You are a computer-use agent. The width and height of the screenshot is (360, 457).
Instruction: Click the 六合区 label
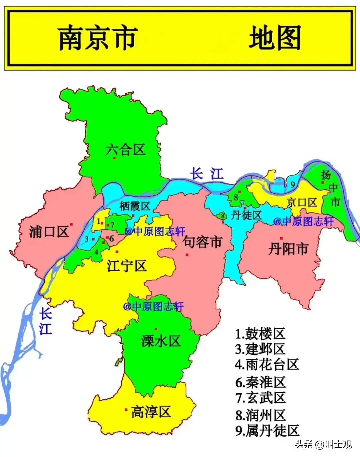pyautogui.click(x=126, y=150)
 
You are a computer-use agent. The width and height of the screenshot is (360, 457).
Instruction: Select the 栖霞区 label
pyautogui.click(x=135, y=207)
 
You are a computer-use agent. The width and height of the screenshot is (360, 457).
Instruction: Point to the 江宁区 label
pyautogui.click(x=127, y=266)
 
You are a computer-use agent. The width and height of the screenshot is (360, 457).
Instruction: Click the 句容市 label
pyautogui.click(x=202, y=242)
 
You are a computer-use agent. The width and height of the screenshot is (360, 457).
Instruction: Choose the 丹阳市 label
pyautogui.click(x=288, y=249)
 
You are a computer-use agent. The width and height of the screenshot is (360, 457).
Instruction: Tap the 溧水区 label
pyautogui.click(x=161, y=341)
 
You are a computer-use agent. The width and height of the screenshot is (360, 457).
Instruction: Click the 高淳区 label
pyautogui.click(x=151, y=412)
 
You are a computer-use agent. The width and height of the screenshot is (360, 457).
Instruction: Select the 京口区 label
pyautogui.click(x=302, y=202)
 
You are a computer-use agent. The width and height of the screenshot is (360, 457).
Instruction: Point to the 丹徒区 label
pyautogui.click(x=247, y=215)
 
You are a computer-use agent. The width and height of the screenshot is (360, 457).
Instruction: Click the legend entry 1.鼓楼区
pyautogui.click(x=260, y=333)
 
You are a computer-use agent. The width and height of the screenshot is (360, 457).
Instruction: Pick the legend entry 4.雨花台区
pyautogui.click(x=266, y=364)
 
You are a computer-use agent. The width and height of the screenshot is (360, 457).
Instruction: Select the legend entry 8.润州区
pyautogui.click(x=260, y=415)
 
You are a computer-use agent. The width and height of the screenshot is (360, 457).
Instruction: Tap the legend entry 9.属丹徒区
pyautogui.click(x=267, y=431)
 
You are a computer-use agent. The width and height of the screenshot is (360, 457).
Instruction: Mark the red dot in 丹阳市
pyautogui.click(x=282, y=238)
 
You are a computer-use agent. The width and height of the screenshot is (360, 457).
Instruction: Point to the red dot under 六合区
pyautogui.click(x=114, y=158)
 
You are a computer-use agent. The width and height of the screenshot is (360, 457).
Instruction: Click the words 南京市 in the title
pyautogui.click(x=98, y=38)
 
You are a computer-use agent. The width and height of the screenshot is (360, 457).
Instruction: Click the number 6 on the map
pyautogui.click(x=111, y=238)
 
